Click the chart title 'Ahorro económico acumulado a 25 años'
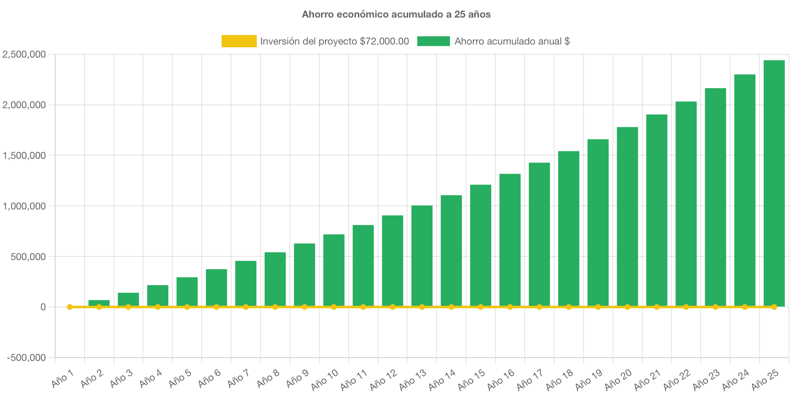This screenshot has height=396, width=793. point(396,14)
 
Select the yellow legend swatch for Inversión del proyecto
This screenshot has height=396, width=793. point(239,41)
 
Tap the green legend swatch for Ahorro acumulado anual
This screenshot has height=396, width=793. point(433,41)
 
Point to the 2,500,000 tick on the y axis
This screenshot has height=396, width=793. point(24,54)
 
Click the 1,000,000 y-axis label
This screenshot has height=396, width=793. point(24,206)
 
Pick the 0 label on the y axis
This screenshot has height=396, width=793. point(43,307)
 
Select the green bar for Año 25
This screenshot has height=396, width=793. point(774,184)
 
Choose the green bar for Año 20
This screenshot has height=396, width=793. point(627,216)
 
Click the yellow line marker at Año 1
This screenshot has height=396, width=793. point(69,307)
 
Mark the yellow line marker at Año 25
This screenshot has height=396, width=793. point(774,307)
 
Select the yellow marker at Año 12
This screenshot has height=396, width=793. point(392,307)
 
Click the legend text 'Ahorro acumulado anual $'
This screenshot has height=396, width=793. point(512,41)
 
